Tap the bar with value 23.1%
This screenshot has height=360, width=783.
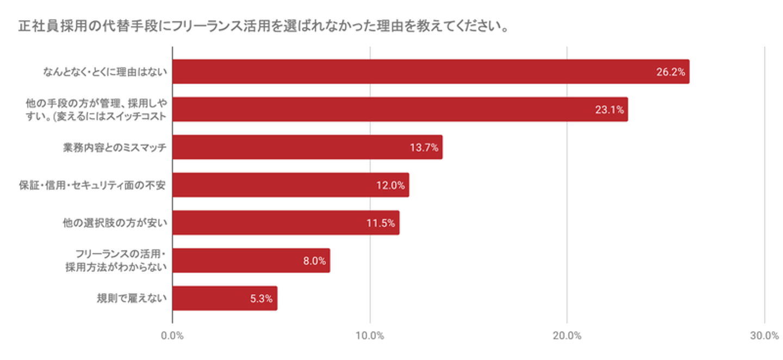tap(400, 109)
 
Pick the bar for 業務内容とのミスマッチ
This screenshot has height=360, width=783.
tap(307, 147)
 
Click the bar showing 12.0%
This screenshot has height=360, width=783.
tap(290, 185)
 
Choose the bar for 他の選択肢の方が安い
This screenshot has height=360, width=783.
tap(285, 222)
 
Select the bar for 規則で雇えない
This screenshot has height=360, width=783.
tap(225, 298)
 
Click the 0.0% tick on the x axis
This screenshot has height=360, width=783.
tap(172, 336)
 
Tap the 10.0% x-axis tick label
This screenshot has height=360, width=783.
tap(370, 336)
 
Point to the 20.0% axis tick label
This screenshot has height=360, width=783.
tap(567, 336)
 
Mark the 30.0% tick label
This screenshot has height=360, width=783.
tap(764, 336)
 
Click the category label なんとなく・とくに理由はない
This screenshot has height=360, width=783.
tap(104, 72)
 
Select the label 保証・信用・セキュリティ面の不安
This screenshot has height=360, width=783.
tap(92, 185)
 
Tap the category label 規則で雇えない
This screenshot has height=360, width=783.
tap(130, 298)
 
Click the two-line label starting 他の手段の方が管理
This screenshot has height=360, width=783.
tap(96, 109)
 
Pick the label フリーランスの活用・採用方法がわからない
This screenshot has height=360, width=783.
tap(121, 260)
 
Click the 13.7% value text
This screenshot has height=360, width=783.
tap(424, 147)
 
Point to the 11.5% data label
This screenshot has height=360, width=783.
tap(380, 223)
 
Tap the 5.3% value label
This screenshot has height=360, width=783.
tap(261, 299)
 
